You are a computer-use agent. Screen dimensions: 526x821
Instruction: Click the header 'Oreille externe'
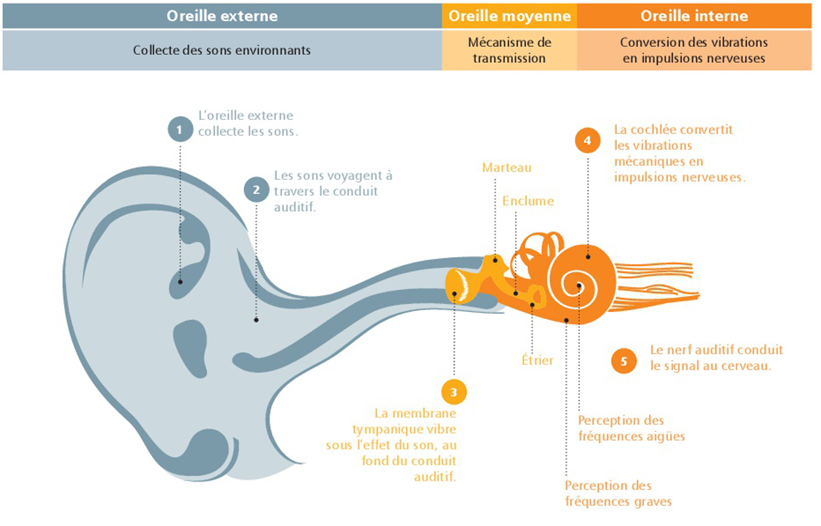click(x=222, y=16)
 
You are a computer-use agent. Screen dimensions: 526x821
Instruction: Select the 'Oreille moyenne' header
click(x=509, y=16)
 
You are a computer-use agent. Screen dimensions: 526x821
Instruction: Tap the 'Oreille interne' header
click(x=694, y=16)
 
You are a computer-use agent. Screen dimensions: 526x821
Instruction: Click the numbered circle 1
click(x=180, y=129)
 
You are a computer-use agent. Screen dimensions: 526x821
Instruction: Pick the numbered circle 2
click(x=256, y=190)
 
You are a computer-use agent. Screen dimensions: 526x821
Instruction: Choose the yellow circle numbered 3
click(x=454, y=392)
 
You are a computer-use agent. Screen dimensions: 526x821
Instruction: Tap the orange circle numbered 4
click(x=588, y=140)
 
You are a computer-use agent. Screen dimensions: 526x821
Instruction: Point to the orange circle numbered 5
click(x=624, y=361)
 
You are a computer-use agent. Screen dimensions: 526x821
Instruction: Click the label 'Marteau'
click(x=506, y=167)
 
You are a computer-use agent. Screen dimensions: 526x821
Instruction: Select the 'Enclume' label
click(x=528, y=201)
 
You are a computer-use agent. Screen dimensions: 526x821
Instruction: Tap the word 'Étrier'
click(x=537, y=360)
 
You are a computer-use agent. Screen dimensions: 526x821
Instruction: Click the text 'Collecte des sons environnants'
click(x=222, y=50)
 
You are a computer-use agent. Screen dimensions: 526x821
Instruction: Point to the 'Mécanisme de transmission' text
click(x=509, y=50)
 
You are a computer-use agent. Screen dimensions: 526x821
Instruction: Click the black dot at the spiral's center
click(x=579, y=286)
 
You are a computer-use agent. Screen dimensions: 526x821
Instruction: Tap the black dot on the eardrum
click(x=454, y=294)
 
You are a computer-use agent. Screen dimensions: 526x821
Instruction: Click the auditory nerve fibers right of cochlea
click(x=656, y=286)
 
